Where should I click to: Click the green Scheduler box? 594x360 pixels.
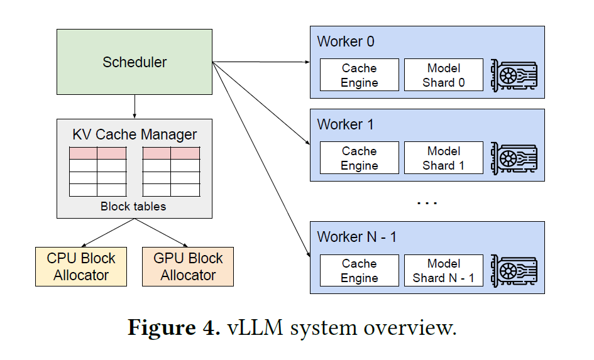pos(135,62)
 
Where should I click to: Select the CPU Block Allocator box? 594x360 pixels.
pos(81,267)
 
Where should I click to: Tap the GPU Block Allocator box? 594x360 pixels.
pos(188,267)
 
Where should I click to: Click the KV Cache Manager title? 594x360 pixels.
pos(135,134)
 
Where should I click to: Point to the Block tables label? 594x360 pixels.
pos(133,206)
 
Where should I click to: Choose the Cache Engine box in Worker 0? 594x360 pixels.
pos(360,75)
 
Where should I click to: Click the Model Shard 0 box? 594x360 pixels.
pos(444,75)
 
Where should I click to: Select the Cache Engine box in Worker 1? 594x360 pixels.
pos(360,158)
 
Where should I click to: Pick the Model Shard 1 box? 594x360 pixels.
pos(444,158)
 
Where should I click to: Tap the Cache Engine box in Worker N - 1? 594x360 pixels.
pos(360,271)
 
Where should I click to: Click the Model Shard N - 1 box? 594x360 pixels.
pos(444,271)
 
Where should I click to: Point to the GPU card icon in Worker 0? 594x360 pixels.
pos(514,75)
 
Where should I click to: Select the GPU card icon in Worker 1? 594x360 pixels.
pos(514,158)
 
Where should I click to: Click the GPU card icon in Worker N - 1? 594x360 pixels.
pos(514,271)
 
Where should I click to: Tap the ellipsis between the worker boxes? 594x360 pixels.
pos(427,203)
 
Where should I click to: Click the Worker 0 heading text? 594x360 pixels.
pos(346,42)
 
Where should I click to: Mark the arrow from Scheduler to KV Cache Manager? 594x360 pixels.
pos(135,106)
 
